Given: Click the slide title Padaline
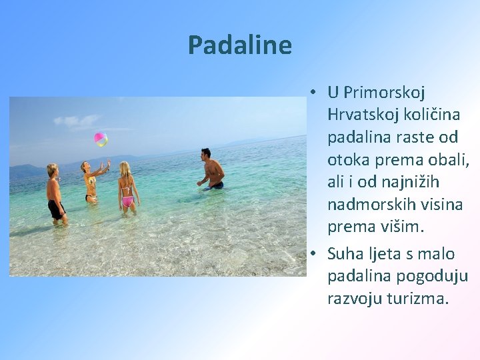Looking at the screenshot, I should click(x=240, y=45).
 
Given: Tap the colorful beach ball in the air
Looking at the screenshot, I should click(x=101, y=139).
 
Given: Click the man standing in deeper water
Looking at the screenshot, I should click(x=211, y=170).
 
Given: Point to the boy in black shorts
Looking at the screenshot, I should click(x=55, y=193).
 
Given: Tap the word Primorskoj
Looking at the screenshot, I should click(x=384, y=92).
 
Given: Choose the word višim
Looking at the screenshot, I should click(x=401, y=227).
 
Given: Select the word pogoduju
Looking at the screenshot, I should click(x=434, y=276).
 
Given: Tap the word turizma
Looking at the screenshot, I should click(x=418, y=298).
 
